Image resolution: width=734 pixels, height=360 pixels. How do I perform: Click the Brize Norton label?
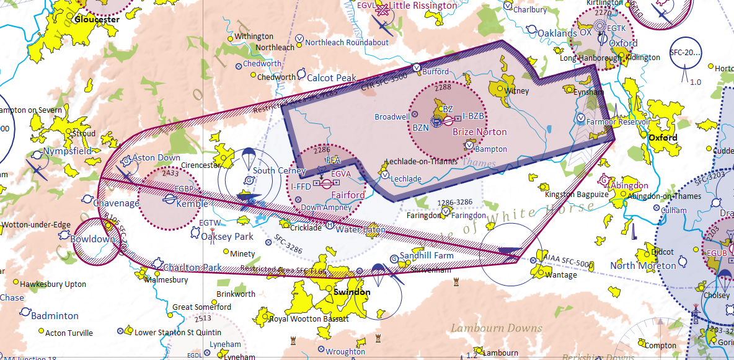click(479, 132)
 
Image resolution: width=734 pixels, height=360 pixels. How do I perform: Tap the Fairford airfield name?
click(348, 195)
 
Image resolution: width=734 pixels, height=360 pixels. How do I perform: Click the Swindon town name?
click(352, 292)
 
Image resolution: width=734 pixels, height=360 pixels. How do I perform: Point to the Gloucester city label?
click(96, 19)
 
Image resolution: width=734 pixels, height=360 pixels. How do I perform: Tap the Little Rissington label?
click(423, 6)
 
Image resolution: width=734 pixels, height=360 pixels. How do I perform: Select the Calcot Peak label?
click(332, 78)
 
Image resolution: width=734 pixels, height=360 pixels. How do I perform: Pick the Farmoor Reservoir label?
click(618, 122)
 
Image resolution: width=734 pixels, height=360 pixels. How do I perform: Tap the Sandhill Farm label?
click(427, 255)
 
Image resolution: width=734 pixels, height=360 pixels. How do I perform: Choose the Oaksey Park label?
click(227, 237)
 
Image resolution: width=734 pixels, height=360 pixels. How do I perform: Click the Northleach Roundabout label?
click(347, 43)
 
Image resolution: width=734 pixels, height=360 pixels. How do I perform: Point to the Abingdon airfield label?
click(629, 185)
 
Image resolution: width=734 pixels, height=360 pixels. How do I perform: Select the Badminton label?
click(55, 315)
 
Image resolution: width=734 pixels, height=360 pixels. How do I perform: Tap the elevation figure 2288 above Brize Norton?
click(443, 87)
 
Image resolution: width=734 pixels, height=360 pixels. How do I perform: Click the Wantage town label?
click(560, 274)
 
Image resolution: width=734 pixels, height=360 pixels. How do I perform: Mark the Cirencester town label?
click(201, 165)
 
